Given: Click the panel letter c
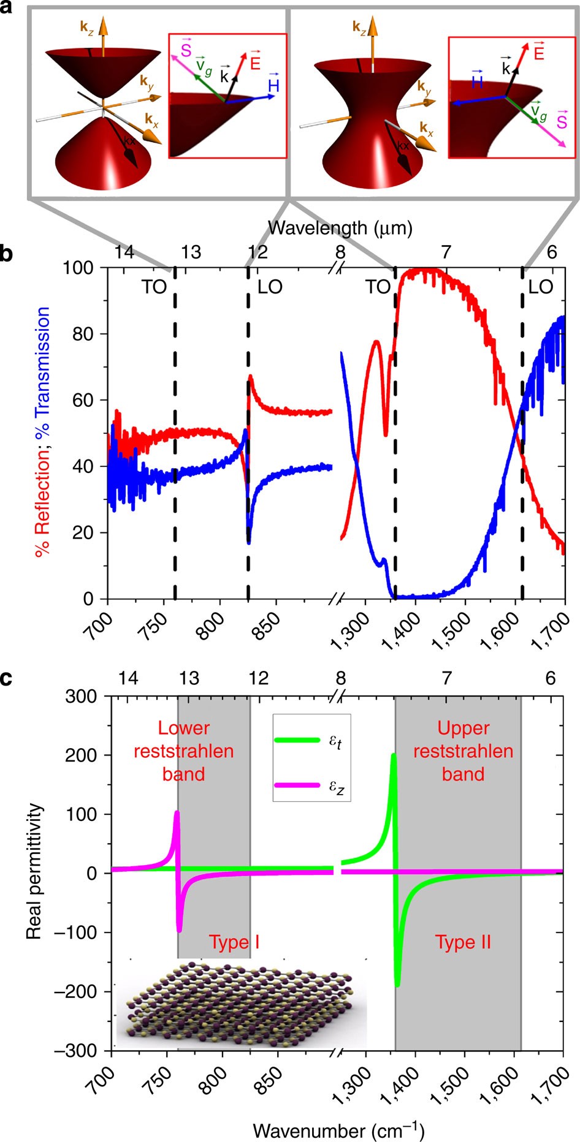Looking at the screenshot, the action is coord(7,679).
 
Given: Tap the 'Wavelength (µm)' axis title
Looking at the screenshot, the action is coord(340,228).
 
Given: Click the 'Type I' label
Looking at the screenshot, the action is coord(234,942).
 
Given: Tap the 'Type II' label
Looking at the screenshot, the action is coord(463,942).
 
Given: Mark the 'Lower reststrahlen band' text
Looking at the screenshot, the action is coord(183,751).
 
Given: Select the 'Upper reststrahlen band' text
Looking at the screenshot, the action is coord(463,751).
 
